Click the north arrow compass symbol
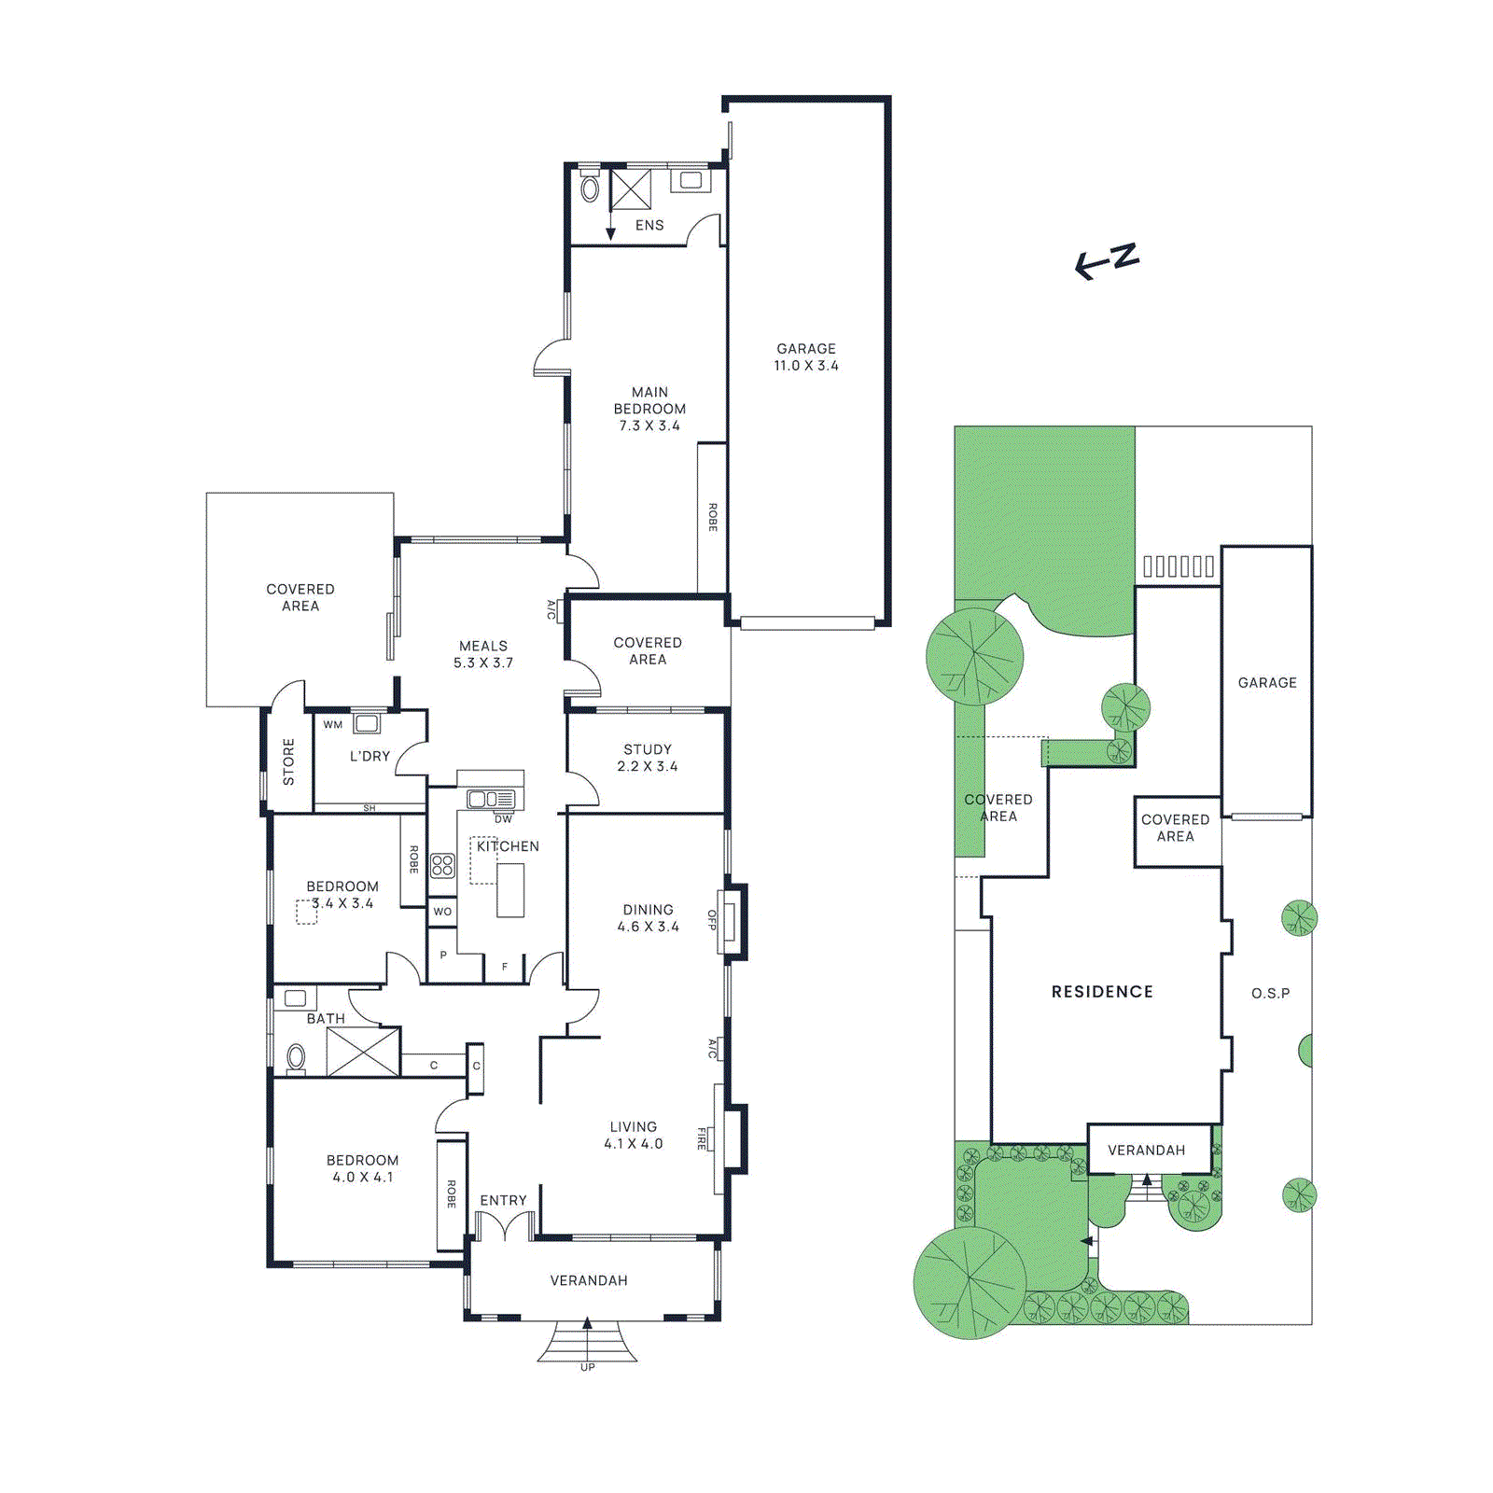[x=1107, y=260]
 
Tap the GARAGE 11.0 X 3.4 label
[x=806, y=357]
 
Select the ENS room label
[x=649, y=226]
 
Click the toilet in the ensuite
[x=590, y=189]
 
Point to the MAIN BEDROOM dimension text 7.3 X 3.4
[x=649, y=426]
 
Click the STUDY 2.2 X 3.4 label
[x=648, y=758]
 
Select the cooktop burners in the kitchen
[x=442, y=865]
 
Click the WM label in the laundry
[x=333, y=725]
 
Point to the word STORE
[x=288, y=761]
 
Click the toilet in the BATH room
[x=296, y=1057]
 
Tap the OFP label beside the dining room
[x=712, y=920]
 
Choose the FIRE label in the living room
[x=702, y=1138]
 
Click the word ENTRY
[x=503, y=1201]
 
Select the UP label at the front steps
[x=588, y=1367]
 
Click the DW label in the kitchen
[x=503, y=819]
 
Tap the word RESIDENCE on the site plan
[x=1102, y=992]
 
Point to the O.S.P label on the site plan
[x=1271, y=994]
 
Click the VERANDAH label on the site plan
[x=1146, y=1151]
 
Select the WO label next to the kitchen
[x=442, y=912]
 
